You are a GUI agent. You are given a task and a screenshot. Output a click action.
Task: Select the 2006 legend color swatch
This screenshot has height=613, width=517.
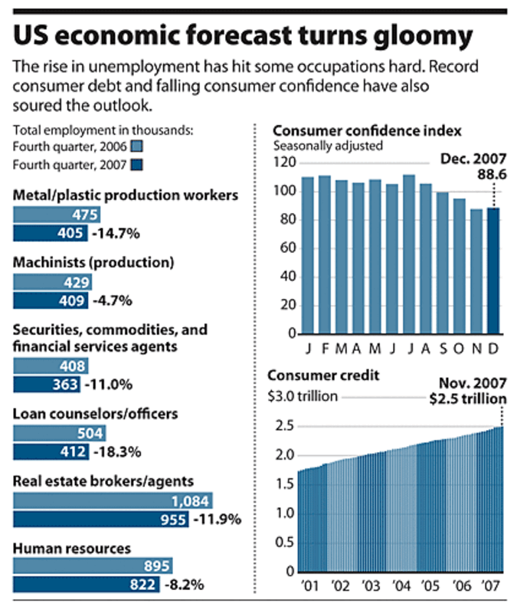(136, 146)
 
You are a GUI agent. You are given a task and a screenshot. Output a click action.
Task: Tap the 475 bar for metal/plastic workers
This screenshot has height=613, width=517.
(57, 215)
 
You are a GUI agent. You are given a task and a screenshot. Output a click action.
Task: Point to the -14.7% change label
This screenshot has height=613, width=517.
(116, 234)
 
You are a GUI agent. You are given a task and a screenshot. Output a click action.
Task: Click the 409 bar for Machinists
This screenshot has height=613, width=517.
(51, 300)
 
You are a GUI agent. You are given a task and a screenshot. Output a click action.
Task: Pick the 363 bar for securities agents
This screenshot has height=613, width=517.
(47, 385)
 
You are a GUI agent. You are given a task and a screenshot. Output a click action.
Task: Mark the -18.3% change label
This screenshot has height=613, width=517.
(117, 452)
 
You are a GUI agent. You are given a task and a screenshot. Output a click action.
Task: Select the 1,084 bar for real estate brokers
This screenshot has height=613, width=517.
(113, 501)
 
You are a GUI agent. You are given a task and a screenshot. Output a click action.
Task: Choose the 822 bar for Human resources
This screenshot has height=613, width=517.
(87, 585)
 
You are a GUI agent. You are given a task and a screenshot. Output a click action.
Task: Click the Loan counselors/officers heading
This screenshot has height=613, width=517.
(95, 414)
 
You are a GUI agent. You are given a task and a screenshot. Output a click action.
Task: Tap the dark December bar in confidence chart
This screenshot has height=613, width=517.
(493, 270)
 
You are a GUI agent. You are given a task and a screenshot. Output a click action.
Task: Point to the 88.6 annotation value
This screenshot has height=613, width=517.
(492, 175)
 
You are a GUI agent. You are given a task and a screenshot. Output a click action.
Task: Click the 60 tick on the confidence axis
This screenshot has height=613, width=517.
(288, 247)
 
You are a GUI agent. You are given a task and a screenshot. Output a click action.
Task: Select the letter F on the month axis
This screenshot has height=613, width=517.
(325, 349)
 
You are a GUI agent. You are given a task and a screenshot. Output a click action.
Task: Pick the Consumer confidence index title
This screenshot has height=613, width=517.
(368, 130)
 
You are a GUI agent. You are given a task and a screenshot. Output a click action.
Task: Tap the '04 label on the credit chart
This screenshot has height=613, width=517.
(401, 585)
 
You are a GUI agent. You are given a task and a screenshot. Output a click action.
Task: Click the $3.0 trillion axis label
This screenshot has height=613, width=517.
(303, 396)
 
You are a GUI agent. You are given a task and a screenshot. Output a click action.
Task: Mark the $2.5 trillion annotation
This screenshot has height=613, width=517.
(468, 398)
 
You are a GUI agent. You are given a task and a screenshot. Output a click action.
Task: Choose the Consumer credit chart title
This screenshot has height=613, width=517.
(323, 375)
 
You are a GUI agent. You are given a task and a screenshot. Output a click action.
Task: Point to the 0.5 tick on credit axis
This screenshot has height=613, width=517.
(285, 543)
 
